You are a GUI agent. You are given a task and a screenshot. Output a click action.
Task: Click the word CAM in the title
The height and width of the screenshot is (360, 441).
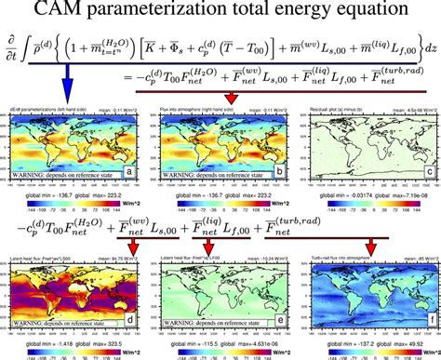(59, 12)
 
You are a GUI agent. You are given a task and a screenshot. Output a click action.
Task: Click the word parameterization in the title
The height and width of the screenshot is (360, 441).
(159, 13)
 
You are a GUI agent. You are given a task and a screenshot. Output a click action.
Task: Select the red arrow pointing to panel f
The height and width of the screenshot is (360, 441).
(371, 245)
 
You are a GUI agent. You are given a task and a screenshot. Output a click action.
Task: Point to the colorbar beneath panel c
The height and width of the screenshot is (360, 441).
(364, 197)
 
